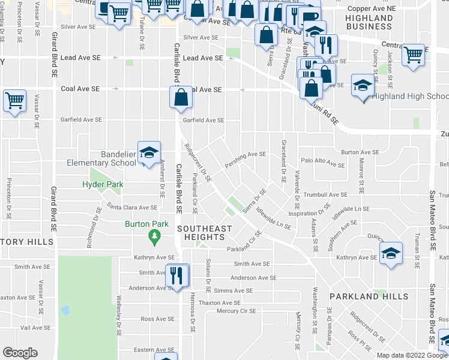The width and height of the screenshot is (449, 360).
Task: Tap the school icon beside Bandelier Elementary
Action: click(x=149, y=153)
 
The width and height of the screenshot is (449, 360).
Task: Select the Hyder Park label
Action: click(x=103, y=184)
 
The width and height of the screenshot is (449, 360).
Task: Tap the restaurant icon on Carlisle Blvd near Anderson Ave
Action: click(x=176, y=275)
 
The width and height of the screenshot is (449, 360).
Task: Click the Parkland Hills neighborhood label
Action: click(x=369, y=296)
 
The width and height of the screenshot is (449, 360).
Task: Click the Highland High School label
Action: click(x=411, y=96)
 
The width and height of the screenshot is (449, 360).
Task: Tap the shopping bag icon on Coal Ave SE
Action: click(x=181, y=97)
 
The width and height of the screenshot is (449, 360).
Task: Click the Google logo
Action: click(x=20, y=353)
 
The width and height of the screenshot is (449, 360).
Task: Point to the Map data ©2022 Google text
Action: click(x=412, y=355)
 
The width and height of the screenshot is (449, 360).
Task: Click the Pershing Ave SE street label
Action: click(x=245, y=154)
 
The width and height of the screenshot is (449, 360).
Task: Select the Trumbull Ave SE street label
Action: click(x=325, y=194)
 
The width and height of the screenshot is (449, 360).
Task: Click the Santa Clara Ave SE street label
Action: click(x=131, y=207)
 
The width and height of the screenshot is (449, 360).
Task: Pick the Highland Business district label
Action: click(x=369, y=22)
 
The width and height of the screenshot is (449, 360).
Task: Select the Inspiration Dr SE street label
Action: click(x=310, y=213)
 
